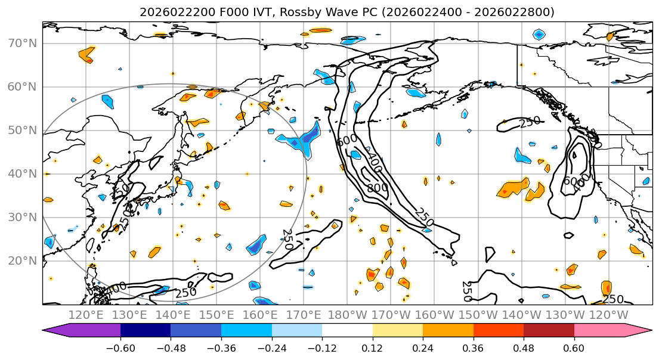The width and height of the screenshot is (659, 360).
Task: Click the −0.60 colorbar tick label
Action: (x=120, y=347)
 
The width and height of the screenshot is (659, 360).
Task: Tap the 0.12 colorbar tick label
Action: (x=373, y=347)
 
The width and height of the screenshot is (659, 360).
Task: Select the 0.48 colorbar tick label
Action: (x=524, y=347)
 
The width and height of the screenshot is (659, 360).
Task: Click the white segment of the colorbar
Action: (x=347, y=331)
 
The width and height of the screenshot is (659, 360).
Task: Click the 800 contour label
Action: (x=377, y=188)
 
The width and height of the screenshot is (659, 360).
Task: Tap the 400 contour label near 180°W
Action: (x=374, y=163)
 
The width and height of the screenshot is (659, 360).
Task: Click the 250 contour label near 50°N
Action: (x=529, y=122)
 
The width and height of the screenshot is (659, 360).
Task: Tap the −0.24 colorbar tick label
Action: (x=271, y=347)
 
